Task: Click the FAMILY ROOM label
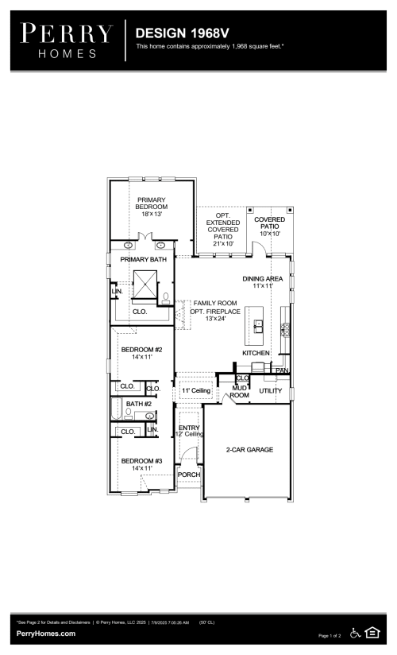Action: coord(215,303)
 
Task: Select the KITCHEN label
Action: coord(256,352)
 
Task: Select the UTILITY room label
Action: coord(271,391)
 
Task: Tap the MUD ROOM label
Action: coord(240,391)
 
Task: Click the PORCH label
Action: coord(188,475)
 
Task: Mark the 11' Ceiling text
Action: coord(195,391)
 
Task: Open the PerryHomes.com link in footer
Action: coord(46,634)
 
